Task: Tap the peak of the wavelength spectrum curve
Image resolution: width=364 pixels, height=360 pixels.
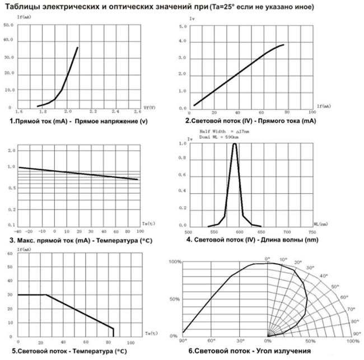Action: [234, 144]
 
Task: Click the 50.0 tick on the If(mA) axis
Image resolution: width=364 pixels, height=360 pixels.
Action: [8, 26]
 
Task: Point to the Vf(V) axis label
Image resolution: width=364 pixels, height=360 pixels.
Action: [150, 106]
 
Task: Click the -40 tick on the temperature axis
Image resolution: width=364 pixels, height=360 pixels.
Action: [18, 231]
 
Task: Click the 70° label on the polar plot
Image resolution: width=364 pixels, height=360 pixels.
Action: [351, 309]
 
